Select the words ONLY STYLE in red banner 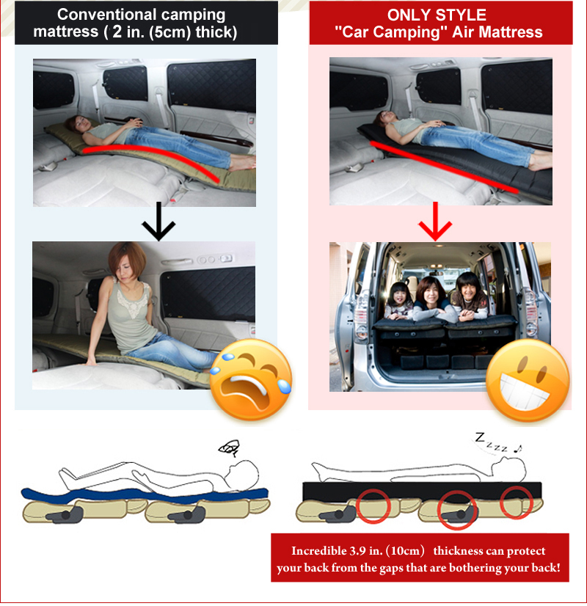[437, 15]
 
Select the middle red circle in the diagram [457, 509]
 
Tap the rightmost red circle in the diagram [518, 503]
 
